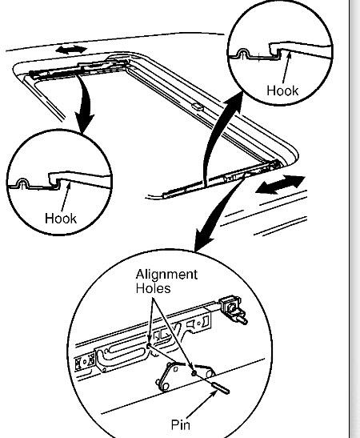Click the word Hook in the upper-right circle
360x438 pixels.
(282, 90)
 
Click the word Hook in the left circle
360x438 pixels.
(61, 217)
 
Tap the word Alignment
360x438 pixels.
(165, 275)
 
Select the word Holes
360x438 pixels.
(152, 287)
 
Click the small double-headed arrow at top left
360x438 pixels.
(70, 50)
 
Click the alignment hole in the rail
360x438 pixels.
(148, 346)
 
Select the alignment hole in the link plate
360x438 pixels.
(194, 372)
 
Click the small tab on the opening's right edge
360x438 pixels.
(196, 104)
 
